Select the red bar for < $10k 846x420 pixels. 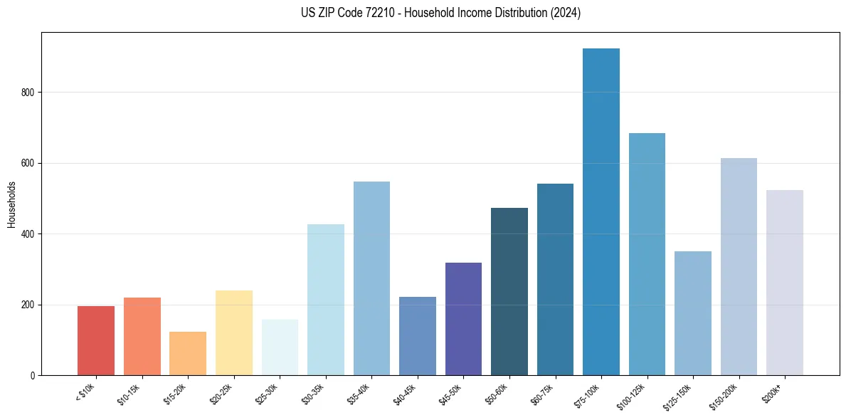point(96,341)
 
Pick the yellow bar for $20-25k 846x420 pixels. point(234,333)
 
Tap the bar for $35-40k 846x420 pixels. point(371,278)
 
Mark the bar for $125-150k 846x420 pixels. point(693,313)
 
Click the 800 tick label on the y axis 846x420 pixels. point(27,93)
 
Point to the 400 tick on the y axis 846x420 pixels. point(27,234)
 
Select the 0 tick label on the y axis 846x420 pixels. point(33,376)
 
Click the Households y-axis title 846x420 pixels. point(11,204)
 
